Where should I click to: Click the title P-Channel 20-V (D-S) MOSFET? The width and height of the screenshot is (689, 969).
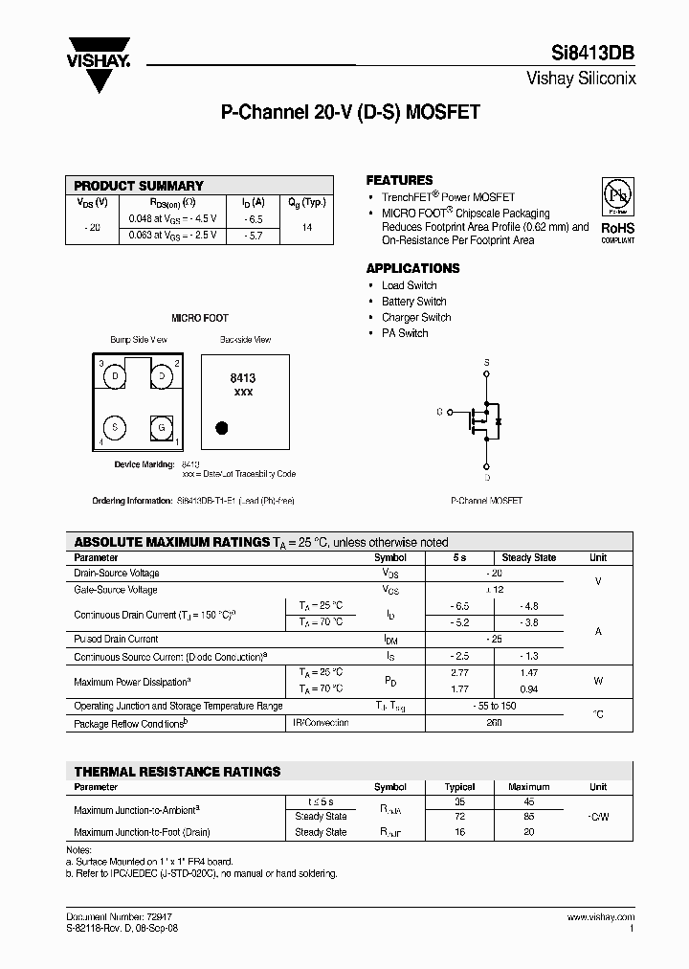point(350,112)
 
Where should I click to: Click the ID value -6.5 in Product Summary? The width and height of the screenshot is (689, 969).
point(253,218)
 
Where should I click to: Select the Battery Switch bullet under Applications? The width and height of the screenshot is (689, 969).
point(413,302)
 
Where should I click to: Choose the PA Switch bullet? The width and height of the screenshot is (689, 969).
point(405,333)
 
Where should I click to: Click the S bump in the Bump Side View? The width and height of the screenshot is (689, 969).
point(115,426)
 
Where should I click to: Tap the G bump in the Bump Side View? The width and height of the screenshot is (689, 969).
point(163,426)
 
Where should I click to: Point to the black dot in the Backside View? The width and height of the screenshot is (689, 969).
point(222,427)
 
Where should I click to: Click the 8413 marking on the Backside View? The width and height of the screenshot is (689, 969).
point(243,379)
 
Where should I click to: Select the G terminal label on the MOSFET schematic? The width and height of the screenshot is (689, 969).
point(439,412)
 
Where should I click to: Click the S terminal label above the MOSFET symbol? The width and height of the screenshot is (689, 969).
point(486,362)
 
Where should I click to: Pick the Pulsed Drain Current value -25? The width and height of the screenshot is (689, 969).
point(494,639)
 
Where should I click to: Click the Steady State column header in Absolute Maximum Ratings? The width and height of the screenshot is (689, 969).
point(528,557)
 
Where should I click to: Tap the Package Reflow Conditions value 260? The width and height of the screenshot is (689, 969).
point(494,724)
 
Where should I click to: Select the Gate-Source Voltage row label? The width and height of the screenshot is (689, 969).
point(116,590)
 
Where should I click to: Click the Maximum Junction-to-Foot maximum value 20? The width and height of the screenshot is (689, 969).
point(529,832)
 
